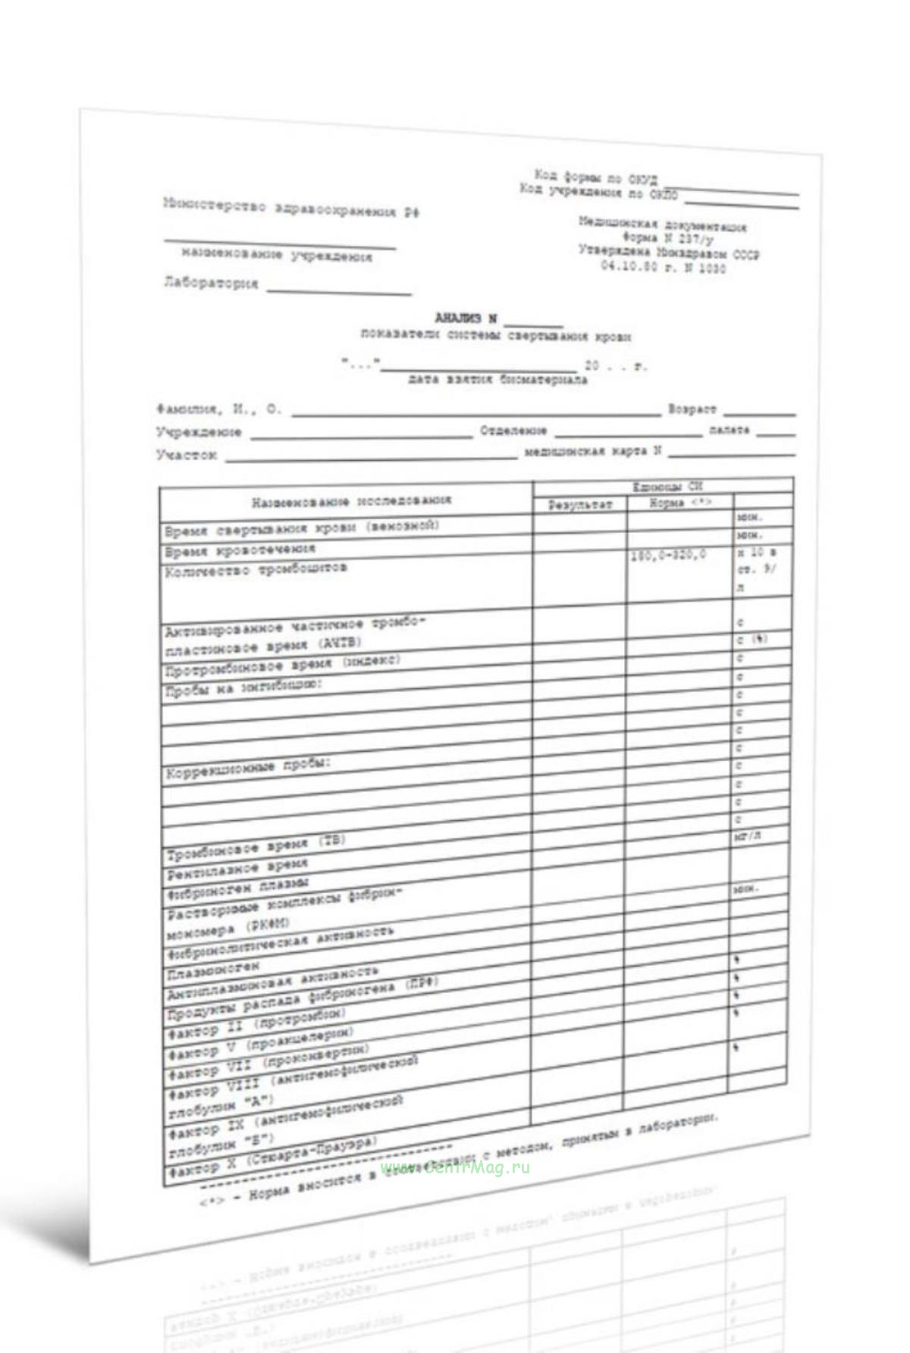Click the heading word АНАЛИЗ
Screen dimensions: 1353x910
(457, 318)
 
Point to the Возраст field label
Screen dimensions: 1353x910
(692, 409)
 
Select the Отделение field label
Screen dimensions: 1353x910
(513, 431)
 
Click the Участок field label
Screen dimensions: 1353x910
(187, 454)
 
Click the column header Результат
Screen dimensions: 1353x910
(580, 504)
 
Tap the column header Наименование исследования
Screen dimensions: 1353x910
(351, 501)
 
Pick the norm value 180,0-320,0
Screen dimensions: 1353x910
(667, 556)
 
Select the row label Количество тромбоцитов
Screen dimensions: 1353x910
(256, 569)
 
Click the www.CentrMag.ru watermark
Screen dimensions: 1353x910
(455, 1167)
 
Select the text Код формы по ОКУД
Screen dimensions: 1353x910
(596, 178)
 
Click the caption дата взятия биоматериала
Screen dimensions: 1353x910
(497, 380)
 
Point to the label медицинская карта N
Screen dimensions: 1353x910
(593, 452)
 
